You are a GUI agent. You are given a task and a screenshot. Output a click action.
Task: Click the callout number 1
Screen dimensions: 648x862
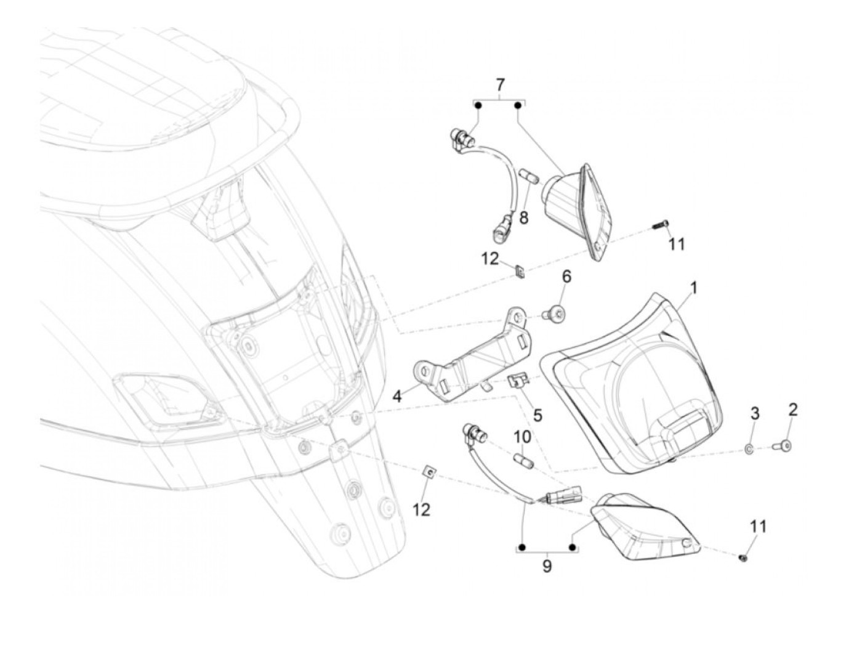coord(693,288)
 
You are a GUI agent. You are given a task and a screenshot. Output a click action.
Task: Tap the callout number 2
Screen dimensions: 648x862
coord(793,409)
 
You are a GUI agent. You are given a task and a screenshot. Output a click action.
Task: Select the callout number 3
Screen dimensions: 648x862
coord(755,413)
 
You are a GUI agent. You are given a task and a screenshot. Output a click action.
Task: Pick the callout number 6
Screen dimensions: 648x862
coord(566,277)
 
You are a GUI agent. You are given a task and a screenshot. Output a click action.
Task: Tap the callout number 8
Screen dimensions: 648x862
coord(523,217)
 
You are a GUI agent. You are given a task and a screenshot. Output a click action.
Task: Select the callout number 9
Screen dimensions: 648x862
coord(547,565)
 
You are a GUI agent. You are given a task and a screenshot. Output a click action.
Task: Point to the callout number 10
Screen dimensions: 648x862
coord(522,437)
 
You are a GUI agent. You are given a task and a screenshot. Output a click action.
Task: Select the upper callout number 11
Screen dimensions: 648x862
coord(677,245)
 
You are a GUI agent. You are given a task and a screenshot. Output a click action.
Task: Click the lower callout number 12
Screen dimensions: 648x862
coord(422,510)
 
